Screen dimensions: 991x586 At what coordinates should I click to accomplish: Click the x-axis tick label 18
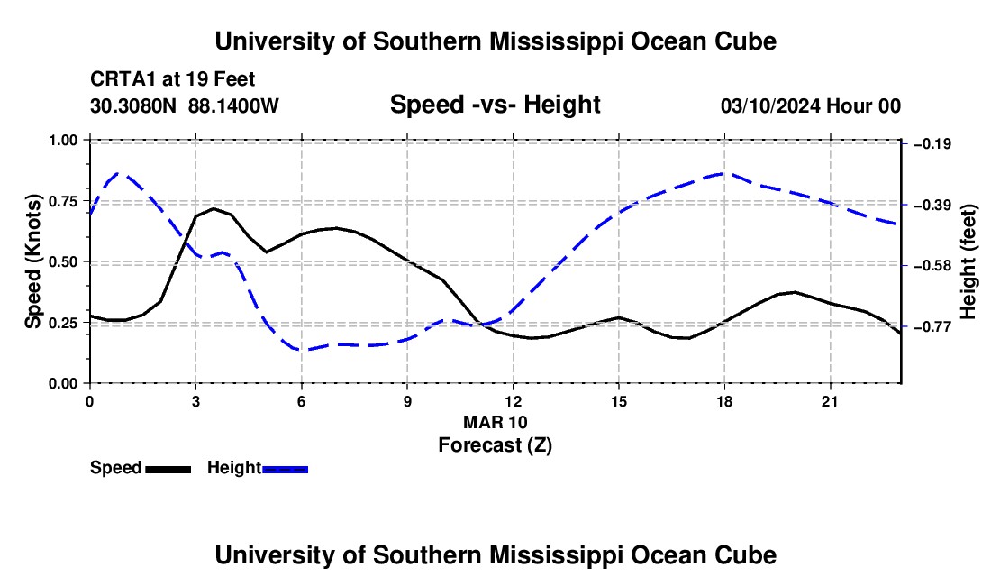tap(724, 401)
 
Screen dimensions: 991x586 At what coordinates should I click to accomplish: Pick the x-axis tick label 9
tap(407, 401)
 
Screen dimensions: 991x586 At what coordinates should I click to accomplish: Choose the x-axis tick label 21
tap(830, 401)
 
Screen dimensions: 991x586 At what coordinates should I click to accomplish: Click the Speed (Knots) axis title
tap(32, 261)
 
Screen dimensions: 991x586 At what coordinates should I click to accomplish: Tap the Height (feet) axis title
tap(968, 261)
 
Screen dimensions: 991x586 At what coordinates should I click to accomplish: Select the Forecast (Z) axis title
tap(495, 445)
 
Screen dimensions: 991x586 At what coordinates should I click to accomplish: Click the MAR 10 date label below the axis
tap(495, 422)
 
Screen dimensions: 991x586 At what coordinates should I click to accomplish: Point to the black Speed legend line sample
tap(168, 470)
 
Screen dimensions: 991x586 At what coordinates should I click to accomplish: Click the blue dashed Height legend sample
tap(285, 470)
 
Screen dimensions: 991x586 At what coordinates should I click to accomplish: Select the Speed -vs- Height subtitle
tap(495, 105)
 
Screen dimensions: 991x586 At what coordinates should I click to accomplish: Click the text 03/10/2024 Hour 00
tap(810, 106)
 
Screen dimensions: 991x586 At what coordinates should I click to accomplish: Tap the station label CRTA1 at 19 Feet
tap(173, 79)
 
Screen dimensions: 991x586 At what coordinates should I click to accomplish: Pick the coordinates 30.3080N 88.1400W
tap(185, 105)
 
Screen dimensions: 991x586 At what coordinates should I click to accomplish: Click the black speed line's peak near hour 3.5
tap(214, 208)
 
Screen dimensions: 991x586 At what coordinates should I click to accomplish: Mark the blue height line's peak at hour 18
tap(724, 172)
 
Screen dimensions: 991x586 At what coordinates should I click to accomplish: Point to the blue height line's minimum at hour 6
tap(302, 350)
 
